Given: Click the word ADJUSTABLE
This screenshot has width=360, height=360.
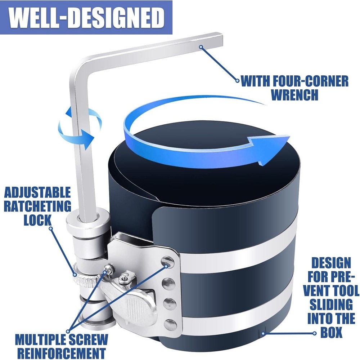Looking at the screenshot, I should tap(37, 192).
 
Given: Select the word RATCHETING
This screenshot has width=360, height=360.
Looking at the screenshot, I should tap(37, 206).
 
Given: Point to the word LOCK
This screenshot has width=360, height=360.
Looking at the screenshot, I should tap(37, 220).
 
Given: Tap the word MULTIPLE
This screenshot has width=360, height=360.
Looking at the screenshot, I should tap(38, 339).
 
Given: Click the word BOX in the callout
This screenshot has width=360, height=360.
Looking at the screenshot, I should tap(331, 333).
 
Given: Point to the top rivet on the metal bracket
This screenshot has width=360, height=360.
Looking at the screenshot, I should tap(167, 262).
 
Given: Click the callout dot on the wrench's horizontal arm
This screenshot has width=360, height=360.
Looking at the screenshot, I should tap(201, 46).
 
